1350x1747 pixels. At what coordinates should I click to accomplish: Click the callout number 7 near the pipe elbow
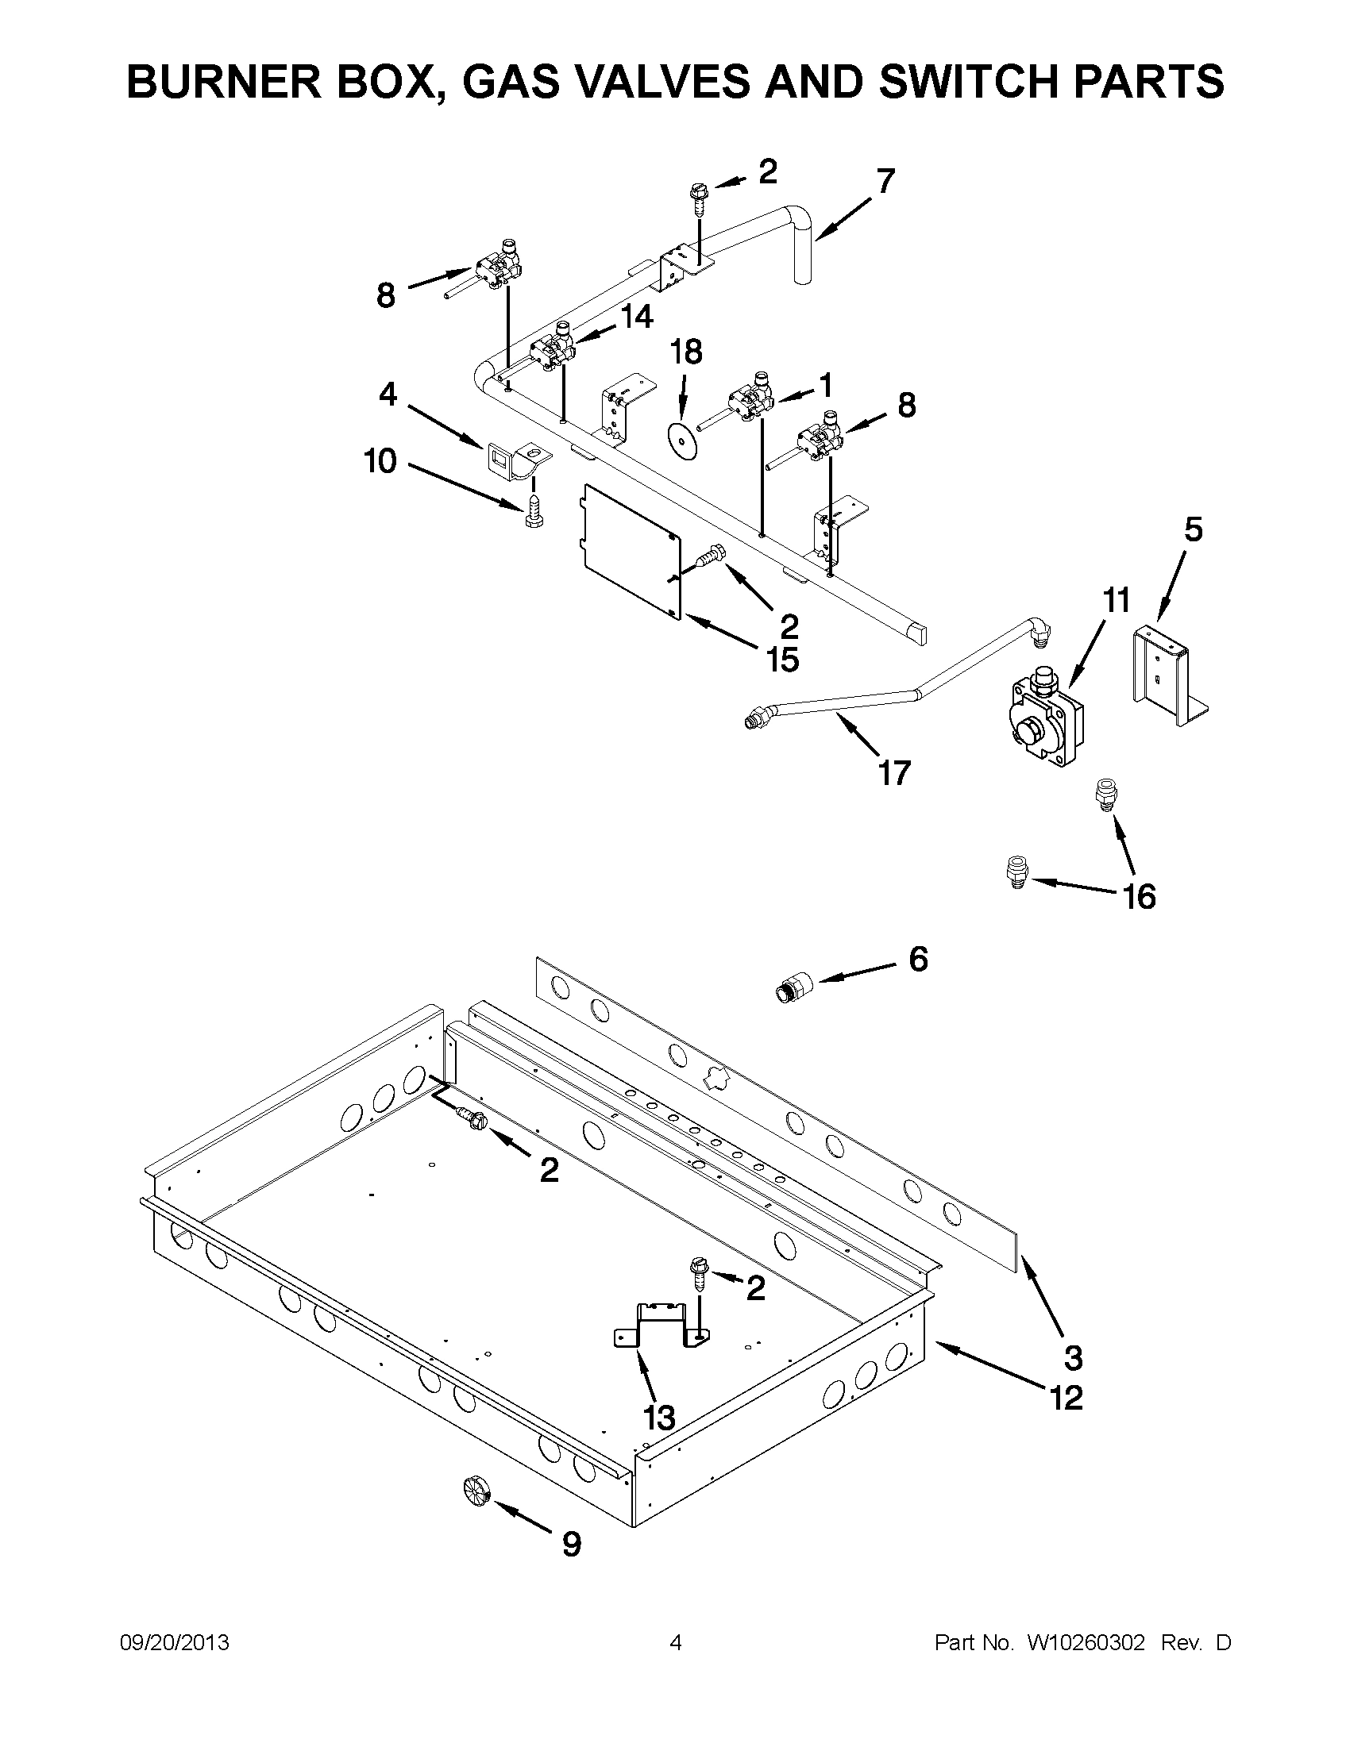(885, 183)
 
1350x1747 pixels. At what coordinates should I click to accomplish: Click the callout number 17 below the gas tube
(894, 773)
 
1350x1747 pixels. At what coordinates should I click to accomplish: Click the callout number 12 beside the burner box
(1066, 1397)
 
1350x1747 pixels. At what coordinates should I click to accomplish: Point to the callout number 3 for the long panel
(1072, 1356)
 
